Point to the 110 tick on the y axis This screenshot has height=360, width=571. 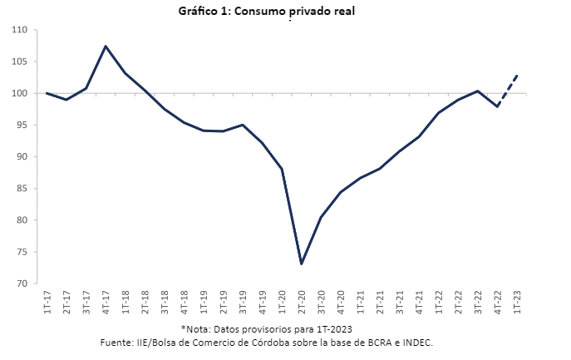tap(20, 30)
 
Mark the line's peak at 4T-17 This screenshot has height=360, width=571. tap(106, 46)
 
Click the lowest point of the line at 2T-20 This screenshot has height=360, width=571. tap(302, 264)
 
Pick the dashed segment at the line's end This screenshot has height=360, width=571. tap(508, 90)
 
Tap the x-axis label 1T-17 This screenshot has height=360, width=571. tap(47, 302)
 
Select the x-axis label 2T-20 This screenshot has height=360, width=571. tap(302, 302)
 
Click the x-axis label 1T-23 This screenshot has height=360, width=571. tap(518, 302)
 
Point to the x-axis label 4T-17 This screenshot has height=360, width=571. tap(106, 302)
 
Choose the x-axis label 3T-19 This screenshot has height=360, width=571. tap(243, 302)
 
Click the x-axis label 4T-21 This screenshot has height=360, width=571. tap(420, 302)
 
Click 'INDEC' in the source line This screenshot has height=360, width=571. tap(416, 342)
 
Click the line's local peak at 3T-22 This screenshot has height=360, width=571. tap(478, 91)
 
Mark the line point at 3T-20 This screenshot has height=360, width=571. tap(321, 217)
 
